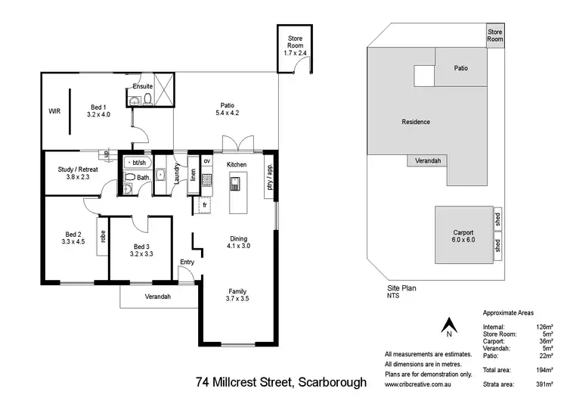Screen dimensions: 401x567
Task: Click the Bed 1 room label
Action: click(99, 107)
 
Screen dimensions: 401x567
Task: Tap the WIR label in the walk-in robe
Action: click(54, 111)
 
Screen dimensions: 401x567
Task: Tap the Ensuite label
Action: click(142, 86)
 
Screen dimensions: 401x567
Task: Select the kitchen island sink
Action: click(235, 182)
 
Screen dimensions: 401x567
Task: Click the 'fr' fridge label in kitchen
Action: click(205, 204)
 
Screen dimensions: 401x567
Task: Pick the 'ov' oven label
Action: click(206, 160)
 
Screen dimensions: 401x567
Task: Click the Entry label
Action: click(187, 263)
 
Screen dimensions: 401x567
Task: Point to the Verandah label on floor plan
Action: click(158, 296)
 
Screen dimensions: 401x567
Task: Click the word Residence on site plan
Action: click(415, 122)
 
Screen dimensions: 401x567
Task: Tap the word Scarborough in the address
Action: click(330, 382)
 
